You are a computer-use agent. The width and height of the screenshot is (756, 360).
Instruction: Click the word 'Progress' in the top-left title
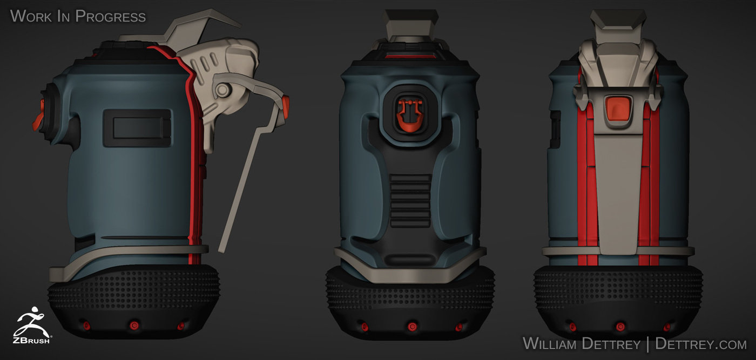coord(110,16)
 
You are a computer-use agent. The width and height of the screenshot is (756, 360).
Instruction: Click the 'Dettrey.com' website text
coord(700,343)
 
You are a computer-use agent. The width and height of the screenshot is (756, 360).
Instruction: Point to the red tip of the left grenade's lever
coord(285,103)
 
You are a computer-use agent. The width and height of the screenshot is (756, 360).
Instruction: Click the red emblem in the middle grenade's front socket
coord(409,114)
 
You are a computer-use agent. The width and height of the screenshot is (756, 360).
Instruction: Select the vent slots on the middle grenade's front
coord(409,200)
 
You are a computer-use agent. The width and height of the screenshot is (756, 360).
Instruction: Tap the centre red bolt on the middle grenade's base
coord(411,327)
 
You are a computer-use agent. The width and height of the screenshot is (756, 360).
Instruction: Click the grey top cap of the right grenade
coord(618,24)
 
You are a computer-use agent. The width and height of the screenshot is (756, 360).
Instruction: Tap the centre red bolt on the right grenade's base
coord(620,327)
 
